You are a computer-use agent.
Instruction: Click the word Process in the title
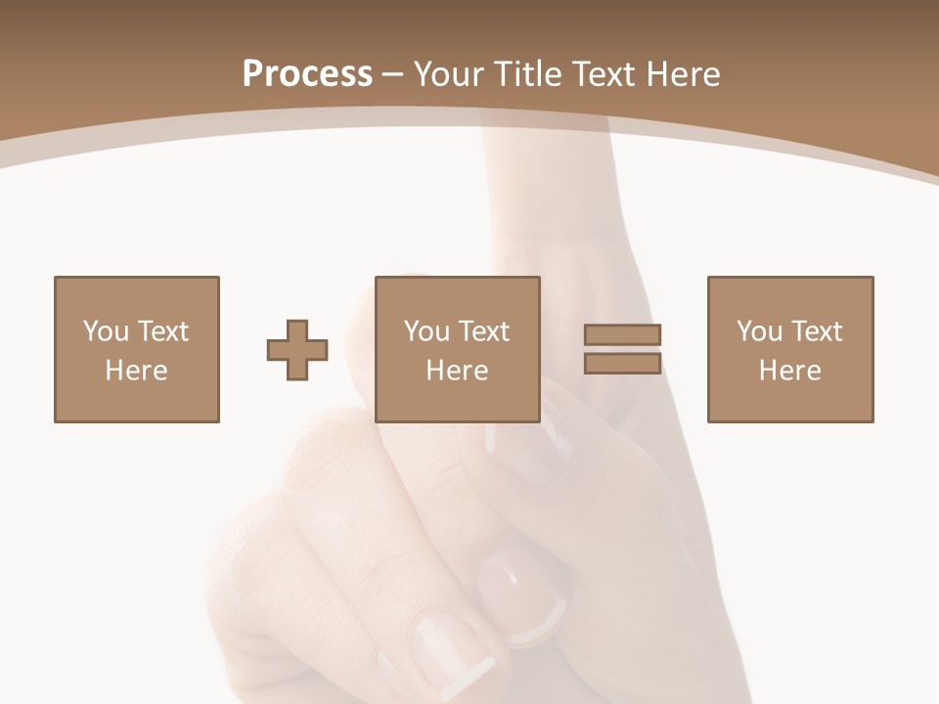click(307, 74)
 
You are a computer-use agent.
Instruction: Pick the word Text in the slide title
click(607, 74)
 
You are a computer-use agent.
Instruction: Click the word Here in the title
click(684, 74)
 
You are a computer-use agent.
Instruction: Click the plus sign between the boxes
click(297, 350)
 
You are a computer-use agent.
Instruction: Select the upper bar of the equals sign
click(623, 334)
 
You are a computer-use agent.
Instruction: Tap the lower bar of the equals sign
click(623, 364)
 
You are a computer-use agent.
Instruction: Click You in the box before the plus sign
click(106, 331)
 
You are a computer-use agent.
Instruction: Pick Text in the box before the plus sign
click(162, 331)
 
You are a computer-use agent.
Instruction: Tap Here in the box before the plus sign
click(136, 371)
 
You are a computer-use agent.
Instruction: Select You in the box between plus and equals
click(426, 331)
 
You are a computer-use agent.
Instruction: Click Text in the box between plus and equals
click(483, 331)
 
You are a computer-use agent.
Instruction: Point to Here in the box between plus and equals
click(457, 371)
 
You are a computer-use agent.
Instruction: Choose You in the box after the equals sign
click(759, 331)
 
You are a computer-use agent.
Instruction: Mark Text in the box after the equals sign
click(816, 331)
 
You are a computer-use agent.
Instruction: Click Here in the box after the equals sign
click(789, 371)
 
